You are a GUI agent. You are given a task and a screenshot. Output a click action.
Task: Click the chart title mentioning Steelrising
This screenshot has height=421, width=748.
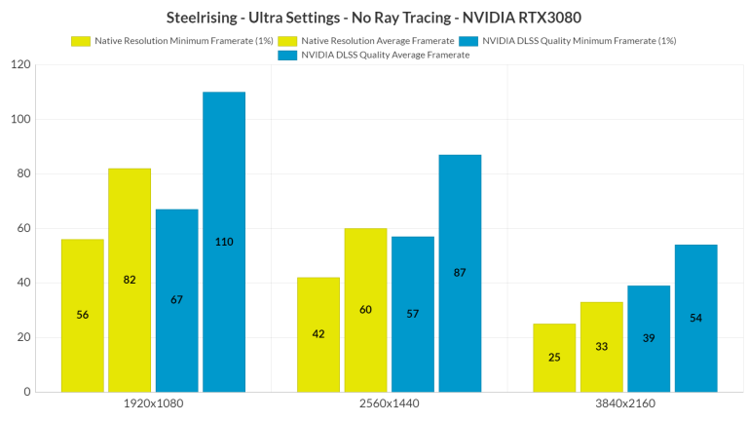374,18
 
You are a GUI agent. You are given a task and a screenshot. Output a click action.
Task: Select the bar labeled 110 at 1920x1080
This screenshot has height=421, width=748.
224,242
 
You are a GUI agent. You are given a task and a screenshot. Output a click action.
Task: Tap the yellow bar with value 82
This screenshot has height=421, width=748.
130,280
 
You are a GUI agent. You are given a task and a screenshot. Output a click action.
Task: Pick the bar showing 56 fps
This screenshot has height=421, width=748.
82,315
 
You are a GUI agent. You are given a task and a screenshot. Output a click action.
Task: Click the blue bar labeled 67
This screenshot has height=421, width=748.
176,300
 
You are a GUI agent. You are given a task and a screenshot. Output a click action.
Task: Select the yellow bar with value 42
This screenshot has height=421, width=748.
318,334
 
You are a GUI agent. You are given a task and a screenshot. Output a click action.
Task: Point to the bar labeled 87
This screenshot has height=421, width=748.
460,273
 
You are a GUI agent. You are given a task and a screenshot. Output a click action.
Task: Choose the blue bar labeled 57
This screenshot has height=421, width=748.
413,314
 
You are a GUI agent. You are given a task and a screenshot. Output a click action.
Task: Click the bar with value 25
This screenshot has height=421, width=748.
554,358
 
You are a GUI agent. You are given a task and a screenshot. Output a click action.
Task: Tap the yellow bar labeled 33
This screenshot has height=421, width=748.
601,347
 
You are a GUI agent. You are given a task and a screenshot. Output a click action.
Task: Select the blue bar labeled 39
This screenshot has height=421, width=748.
649,338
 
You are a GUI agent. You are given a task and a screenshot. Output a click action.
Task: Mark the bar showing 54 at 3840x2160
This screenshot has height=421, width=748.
695,318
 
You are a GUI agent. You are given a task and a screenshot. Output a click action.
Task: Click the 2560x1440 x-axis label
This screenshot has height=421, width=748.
389,404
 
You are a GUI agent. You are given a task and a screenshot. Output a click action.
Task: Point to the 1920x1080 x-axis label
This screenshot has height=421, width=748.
153,404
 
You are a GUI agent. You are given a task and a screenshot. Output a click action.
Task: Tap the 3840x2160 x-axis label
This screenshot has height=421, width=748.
624,404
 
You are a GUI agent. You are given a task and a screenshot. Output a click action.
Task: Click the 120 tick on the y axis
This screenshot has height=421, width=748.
19,64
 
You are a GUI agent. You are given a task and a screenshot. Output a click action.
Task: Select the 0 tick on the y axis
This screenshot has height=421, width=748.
26,392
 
